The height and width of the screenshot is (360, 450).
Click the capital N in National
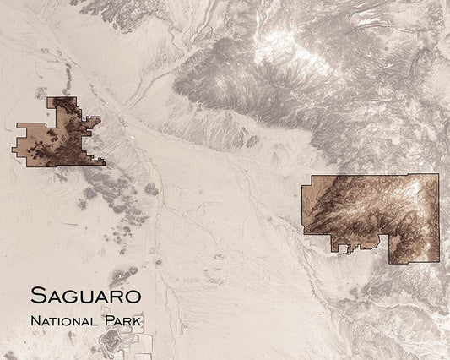pyautogui.click(x=33, y=321)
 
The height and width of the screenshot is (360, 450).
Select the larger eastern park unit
pyautogui.click(x=371, y=211)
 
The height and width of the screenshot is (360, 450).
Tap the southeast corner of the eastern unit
pyautogui.click(x=438, y=263)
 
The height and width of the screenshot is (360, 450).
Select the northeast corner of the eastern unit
pyautogui.click(x=438, y=174)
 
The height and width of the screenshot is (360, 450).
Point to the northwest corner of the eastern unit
pyautogui.click(x=313, y=177)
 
